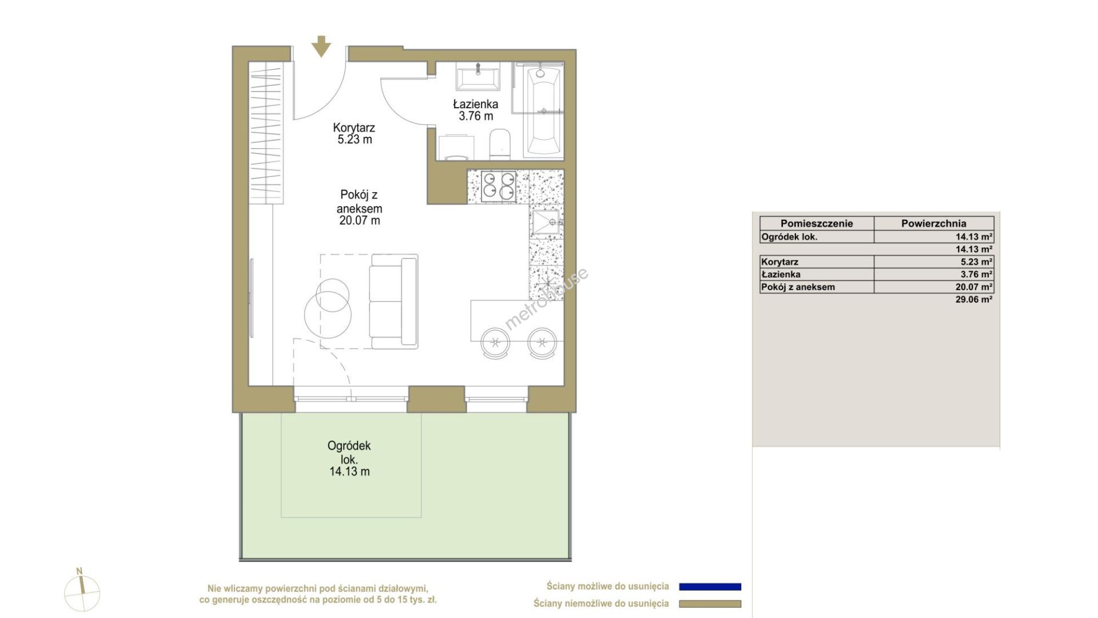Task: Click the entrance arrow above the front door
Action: [x=321, y=46]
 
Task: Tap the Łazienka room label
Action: [x=475, y=104]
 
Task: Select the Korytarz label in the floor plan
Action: [x=354, y=128]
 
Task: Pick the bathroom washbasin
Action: [x=478, y=77]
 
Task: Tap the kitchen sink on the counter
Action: [x=546, y=223]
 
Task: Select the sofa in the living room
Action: [x=393, y=302]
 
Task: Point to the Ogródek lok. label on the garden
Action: [x=349, y=452]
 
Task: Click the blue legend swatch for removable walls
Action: [x=710, y=587]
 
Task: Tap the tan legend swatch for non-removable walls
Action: [x=710, y=604]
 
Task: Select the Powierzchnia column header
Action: [x=934, y=224]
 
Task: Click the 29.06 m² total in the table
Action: [x=974, y=299]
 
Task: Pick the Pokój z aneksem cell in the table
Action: [x=798, y=287]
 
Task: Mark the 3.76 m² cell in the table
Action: [x=976, y=275]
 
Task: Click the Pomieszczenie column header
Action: [x=817, y=224]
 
